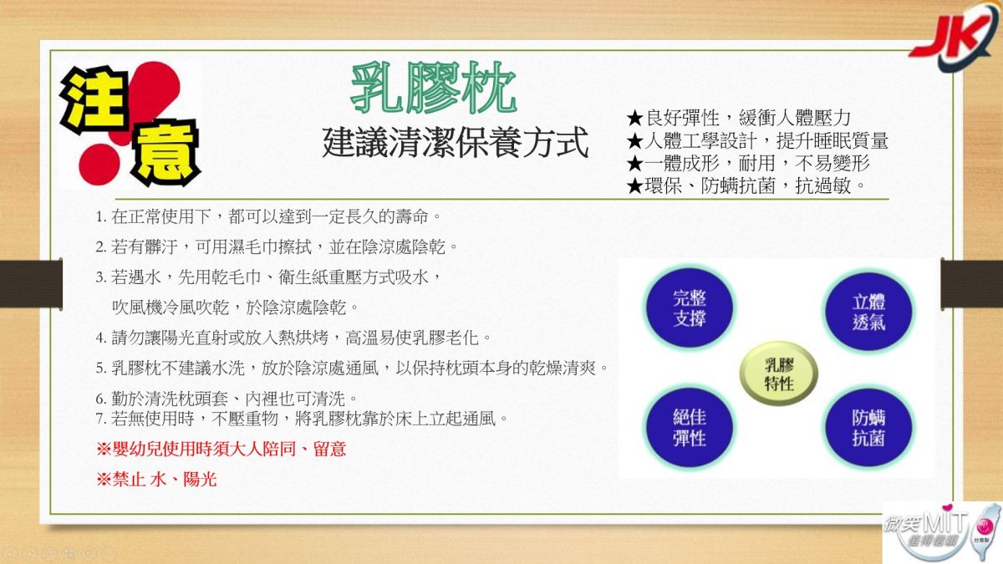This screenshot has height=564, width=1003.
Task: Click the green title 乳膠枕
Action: click(434, 88)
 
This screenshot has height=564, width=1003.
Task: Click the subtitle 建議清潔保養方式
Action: click(455, 142)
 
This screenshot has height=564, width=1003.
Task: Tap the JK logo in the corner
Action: click(954, 36)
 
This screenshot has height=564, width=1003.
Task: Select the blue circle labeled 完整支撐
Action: click(689, 307)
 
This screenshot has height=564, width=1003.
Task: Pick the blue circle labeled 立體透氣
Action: click(868, 312)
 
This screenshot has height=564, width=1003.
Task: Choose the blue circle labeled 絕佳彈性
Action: click(689, 428)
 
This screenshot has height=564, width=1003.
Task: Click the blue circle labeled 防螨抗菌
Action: click(868, 428)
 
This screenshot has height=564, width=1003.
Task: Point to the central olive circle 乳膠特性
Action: click(779, 373)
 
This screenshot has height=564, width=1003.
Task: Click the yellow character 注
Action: click(94, 100)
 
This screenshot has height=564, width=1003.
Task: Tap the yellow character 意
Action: click(165, 153)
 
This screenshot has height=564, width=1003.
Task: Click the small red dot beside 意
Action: click(99, 165)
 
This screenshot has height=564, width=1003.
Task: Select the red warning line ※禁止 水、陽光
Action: click(156, 480)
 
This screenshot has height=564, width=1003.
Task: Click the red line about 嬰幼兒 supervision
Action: click(221, 449)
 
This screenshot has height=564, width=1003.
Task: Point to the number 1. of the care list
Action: click(101, 217)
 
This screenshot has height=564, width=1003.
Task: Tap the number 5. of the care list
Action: click(101, 368)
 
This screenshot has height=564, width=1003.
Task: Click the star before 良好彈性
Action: click(635, 118)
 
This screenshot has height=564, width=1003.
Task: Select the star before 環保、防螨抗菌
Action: click(635, 185)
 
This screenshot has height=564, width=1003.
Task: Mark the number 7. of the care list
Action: click(101, 419)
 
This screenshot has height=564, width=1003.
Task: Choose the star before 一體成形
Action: click(635, 163)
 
